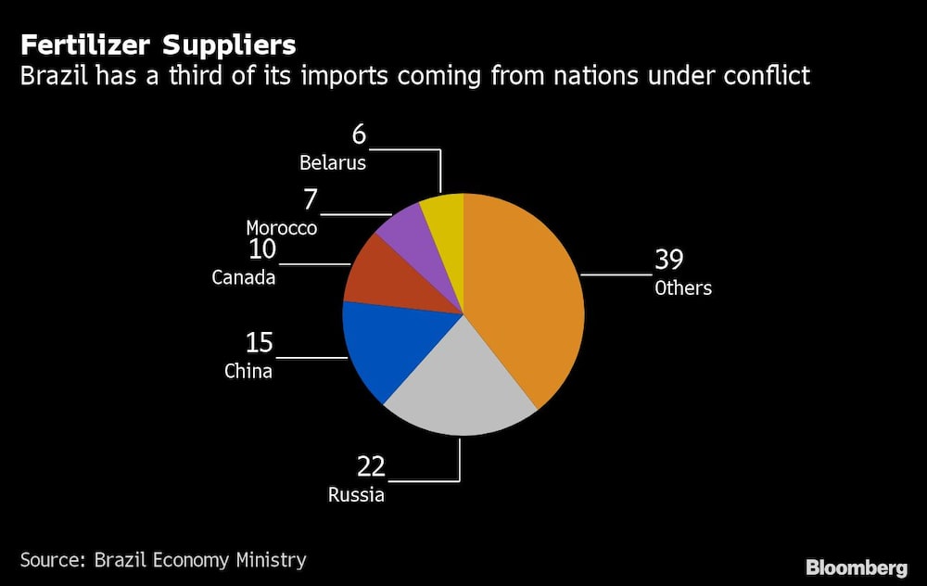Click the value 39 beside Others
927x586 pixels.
(668, 259)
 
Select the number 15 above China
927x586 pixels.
(260, 343)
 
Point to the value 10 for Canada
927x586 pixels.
(263, 249)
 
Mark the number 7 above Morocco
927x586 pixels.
(311, 198)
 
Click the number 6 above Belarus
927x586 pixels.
(359, 134)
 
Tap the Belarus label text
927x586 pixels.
(333, 163)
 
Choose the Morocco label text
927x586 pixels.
(282, 228)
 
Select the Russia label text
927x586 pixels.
(356, 495)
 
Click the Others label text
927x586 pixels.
(683, 288)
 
